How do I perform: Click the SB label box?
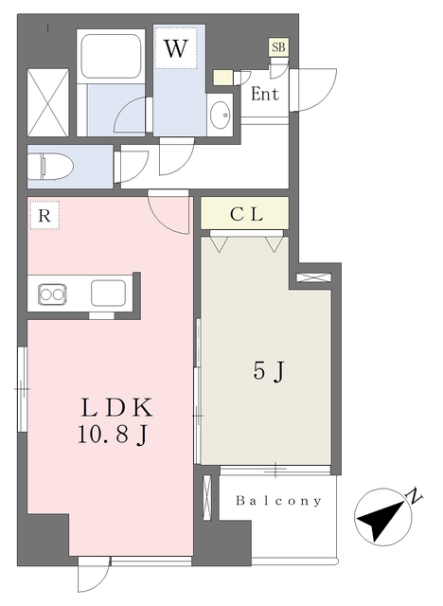click(x=279, y=47)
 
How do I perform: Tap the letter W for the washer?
click(x=176, y=48)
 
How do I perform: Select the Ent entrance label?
click(x=264, y=94)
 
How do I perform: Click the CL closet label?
click(x=246, y=214)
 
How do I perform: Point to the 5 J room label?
click(x=269, y=372)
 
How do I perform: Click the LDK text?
click(x=116, y=408)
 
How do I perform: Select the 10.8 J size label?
click(x=113, y=436)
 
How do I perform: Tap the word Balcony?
click(x=278, y=501)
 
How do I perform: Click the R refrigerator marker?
click(x=44, y=215)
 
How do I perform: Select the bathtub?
click(x=112, y=57)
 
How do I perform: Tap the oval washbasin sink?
click(x=221, y=114)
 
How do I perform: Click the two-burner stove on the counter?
click(x=52, y=294)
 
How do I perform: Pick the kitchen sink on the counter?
click(x=108, y=294)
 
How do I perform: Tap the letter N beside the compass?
click(x=415, y=496)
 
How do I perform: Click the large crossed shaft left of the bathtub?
click(x=48, y=102)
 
